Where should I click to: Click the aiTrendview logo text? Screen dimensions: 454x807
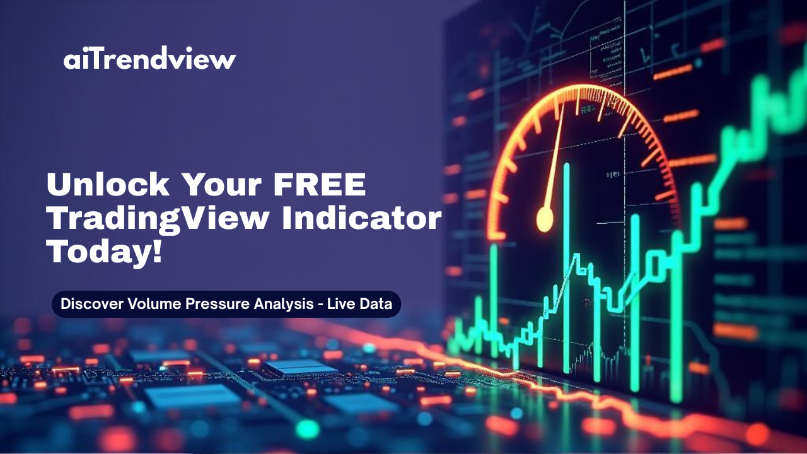pos(149,59)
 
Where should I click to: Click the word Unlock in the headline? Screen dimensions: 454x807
pos(108,185)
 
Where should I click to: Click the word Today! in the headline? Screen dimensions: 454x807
pos(104,252)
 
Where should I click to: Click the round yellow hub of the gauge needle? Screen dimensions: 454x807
pos(544,219)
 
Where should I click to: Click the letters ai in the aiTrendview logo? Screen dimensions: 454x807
pos(74,60)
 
